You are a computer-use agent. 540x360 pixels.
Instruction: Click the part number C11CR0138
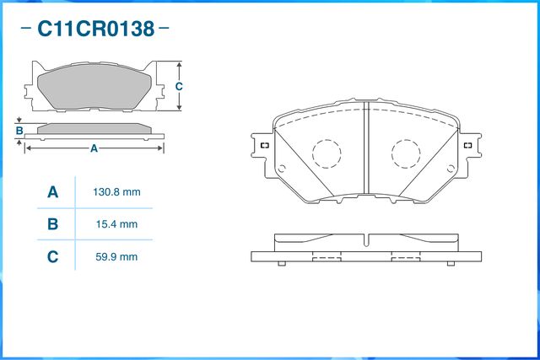click(x=95, y=29)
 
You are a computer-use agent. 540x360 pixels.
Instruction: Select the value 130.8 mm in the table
click(x=116, y=192)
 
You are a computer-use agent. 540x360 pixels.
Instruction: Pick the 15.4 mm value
click(x=116, y=224)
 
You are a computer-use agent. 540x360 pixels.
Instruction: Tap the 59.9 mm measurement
click(x=116, y=257)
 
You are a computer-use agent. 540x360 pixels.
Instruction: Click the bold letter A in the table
click(x=52, y=192)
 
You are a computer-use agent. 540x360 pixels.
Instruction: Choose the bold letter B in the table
click(x=52, y=224)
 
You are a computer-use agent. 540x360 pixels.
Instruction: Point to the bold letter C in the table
click(x=52, y=257)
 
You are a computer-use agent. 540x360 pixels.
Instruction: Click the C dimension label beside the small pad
click(x=179, y=86)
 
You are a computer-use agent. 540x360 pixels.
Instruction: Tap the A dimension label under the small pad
click(x=94, y=148)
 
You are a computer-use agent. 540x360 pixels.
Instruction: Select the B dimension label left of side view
click(x=19, y=131)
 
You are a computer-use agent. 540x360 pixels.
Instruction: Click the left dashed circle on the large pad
click(x=327, y=153)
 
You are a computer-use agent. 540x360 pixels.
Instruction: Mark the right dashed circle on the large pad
click(x=406, y=153)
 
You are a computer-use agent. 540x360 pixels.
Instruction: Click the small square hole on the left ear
click(x=265, y=145)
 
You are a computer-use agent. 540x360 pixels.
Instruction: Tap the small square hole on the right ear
click(x=467, y=145)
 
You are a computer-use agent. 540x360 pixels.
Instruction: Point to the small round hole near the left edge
click(x=281, y=169)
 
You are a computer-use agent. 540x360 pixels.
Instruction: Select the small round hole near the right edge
click(x=451, y=169)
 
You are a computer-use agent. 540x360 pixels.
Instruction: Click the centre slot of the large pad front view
click(x=366, y=148)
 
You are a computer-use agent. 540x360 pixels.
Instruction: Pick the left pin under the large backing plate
click(x=281, y=264)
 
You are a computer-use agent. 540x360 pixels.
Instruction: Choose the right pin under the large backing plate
click(x=451, y=264)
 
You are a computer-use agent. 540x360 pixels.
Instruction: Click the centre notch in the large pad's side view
click(x=366, y=240)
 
